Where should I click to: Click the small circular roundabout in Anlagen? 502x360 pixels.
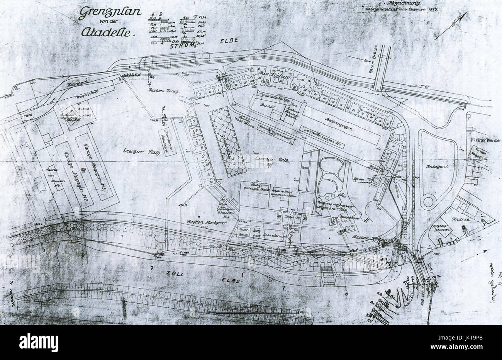[x=429, y=201]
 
